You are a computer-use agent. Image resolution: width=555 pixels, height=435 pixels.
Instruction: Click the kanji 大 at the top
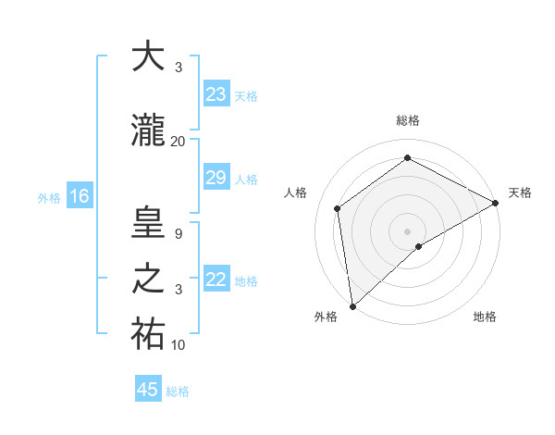point(149,56)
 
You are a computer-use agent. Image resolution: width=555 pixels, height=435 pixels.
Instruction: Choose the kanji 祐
point(149,335)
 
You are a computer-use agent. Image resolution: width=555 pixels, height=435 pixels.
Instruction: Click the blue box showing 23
point(216,94)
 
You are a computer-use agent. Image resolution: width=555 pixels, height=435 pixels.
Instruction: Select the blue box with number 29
point(216,178)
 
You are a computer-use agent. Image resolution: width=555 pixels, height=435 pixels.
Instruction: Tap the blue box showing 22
point(216,280)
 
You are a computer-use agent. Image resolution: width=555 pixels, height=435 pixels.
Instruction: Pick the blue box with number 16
point(79,196)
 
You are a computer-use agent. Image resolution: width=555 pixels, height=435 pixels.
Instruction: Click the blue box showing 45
point(148,390)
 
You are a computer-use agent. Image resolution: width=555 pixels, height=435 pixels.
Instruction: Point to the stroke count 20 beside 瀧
point(178,142)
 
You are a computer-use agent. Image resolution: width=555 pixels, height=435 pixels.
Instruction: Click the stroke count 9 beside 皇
point(178,234)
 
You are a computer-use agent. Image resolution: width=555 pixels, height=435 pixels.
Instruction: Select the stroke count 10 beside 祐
point(178,345)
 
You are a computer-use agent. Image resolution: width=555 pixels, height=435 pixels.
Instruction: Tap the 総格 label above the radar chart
point(407,120)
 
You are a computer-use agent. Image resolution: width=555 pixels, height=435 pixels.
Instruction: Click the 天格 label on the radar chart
point(520,193)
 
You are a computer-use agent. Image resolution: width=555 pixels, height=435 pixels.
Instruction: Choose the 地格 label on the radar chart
point(485,317)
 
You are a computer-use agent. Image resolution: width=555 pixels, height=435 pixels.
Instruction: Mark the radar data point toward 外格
point(352,305)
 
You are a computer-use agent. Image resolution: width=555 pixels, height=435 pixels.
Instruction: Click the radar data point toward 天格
point(496,203)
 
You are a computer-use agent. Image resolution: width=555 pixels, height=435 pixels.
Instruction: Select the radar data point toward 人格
point(338,208)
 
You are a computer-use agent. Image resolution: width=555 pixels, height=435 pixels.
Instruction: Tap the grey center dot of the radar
point(407,230)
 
